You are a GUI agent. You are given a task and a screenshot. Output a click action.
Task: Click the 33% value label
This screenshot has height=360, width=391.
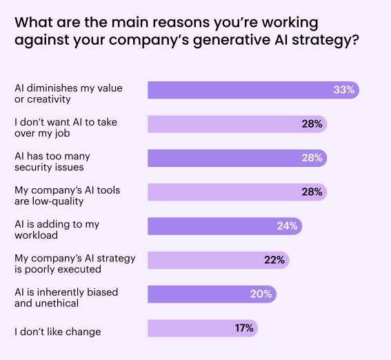pyautogui.click(x=344, y=90)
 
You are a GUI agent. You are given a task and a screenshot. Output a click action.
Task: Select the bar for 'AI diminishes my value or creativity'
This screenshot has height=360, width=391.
pyautogui.click(x=253, y=90)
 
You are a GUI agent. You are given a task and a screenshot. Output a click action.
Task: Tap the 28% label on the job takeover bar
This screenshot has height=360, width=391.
pyautogui.click(x=312, y=124)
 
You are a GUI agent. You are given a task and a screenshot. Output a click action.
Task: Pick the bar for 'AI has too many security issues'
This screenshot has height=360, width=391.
pyautogui.click(x=237, y=158)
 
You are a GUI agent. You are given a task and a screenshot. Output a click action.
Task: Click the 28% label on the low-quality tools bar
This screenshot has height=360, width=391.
pyautogui.click(x=312, y=192)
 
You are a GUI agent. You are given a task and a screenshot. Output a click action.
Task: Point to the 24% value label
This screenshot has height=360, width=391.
pyautogui.click(x=288, y=226)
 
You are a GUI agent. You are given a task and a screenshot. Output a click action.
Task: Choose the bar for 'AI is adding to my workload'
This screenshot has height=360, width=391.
pyautogui.click(x=225, y=226)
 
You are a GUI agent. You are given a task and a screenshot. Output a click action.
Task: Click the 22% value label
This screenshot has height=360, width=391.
pyautogui.click(x=274, y=260)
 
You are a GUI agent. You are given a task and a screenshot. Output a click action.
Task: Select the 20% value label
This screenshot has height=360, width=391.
pyautogui.click(x=261, y=294)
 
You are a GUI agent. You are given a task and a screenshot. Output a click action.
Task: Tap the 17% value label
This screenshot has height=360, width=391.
pyautogui.click(x=244, y=328)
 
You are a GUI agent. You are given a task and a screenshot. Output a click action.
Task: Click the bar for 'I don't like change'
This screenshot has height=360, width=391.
pyautogui.click(x=203, y=328)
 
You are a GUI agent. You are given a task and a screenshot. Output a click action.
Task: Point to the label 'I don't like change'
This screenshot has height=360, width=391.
pyautogui.click(x=58, y=332)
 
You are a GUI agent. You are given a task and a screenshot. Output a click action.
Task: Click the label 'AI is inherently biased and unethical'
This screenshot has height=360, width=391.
pyautogui.click(x=66, y=298)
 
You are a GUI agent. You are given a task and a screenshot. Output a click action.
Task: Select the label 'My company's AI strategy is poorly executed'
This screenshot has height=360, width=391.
pyautogui.click(x=74, y=263)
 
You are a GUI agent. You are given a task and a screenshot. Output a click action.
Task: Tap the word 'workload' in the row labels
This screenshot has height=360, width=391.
pyautogui.click(x=36, y=235)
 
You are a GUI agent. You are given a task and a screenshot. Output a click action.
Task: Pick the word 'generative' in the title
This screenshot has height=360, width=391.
pyautogui.click(x=232, y=40)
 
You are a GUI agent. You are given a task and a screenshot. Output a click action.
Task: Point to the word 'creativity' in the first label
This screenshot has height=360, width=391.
pyautogui.click(x=49, y=99)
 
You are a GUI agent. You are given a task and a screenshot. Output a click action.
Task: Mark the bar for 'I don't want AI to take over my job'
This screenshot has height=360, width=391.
pyautogui.click(x=237, y=124)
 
